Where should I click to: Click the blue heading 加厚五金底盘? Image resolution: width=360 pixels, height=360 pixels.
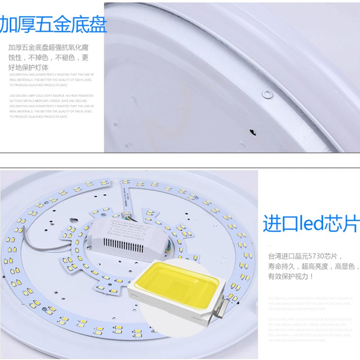click(53, 24)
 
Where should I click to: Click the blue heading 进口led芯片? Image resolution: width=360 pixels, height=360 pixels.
click(310, 223)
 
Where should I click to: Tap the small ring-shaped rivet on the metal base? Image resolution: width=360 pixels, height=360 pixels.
click(267, 94)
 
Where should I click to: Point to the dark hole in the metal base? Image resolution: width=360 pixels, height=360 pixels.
click(252, 132)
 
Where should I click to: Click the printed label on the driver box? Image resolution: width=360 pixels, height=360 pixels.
click(126, 227)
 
